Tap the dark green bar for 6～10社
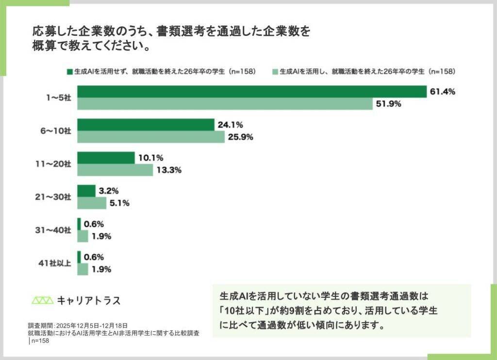146,125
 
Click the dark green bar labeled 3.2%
86,191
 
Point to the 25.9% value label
241,137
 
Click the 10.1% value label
150,158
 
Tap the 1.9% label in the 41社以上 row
101,269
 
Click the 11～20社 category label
56,164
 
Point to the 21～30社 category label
56,197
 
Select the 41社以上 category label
57,263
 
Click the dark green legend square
70,71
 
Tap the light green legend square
275,71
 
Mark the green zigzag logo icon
42,300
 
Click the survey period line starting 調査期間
78,326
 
